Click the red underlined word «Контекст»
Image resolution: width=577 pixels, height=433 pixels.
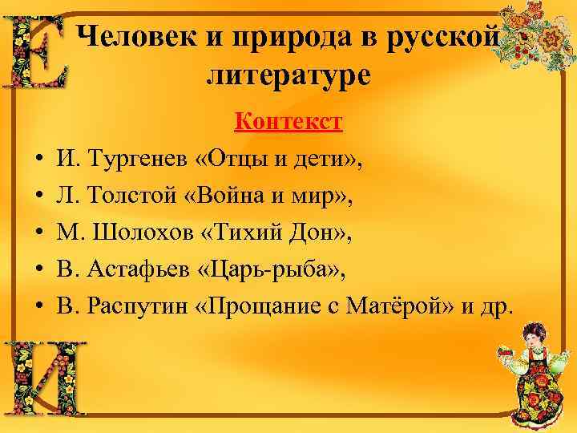point(288,121)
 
